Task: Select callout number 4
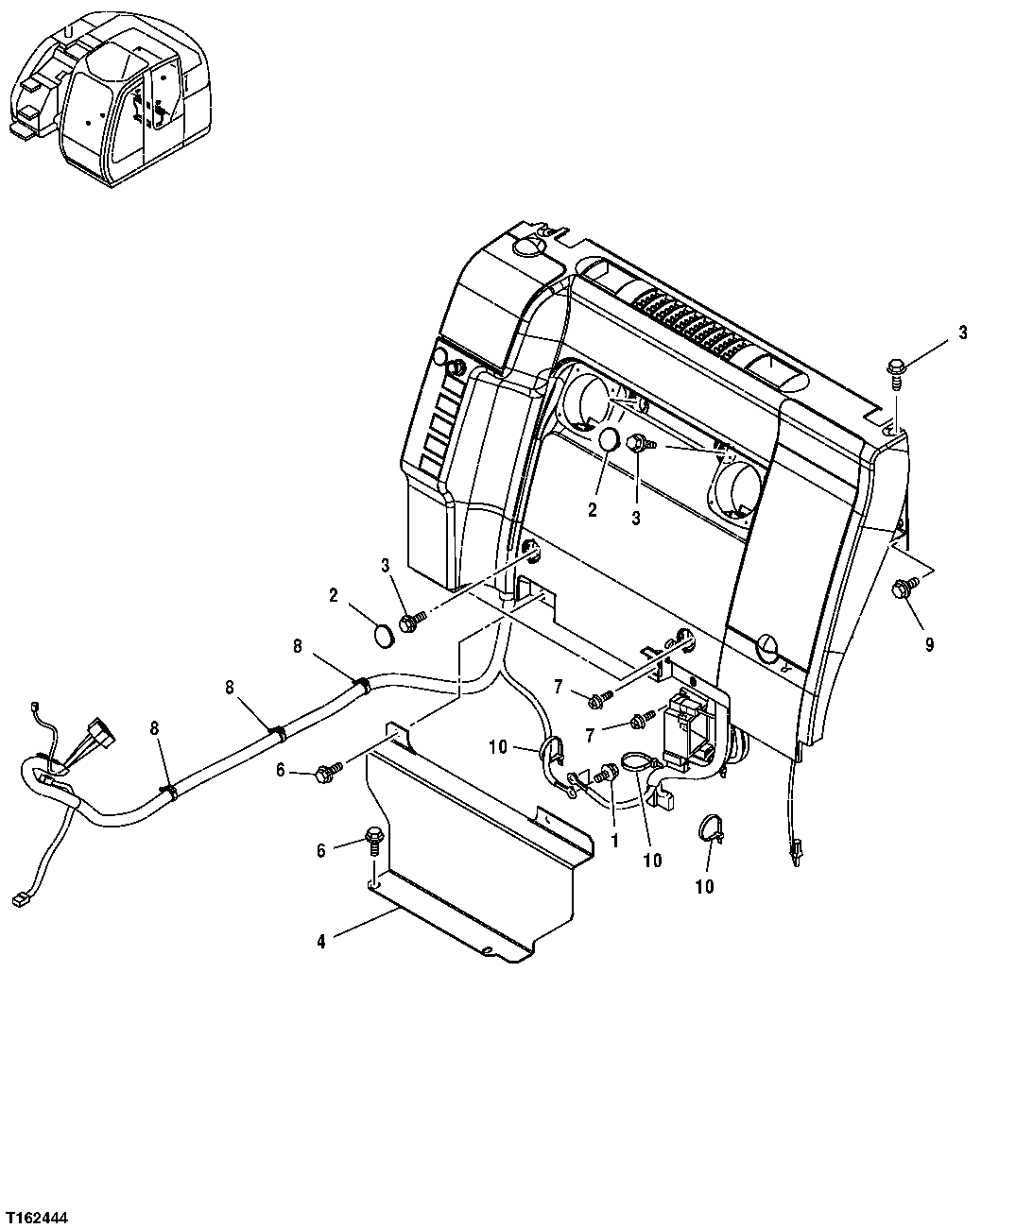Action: point(321,943)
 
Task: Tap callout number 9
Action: point(929,644)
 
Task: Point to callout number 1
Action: point(614,839)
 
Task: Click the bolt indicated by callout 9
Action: point(900,589)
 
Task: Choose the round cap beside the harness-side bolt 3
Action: point(382,635)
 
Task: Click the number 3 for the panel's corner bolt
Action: point(962,333)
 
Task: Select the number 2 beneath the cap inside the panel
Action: point(593,511)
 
